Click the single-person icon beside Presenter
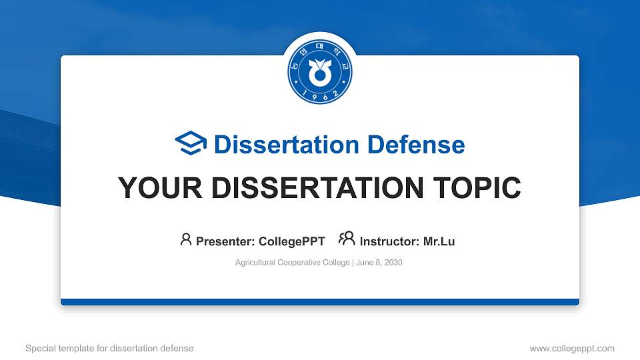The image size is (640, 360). [186, 239]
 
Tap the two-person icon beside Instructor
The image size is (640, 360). [347, 239]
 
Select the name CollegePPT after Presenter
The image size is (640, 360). [291, 241]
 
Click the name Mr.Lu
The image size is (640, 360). [439, 241]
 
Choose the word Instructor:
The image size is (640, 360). [389, 241]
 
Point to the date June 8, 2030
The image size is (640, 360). [379, 263]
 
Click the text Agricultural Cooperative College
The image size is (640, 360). [292, 263]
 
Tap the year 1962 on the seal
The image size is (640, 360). [320, 95]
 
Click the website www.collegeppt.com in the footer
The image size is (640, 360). [572, 348]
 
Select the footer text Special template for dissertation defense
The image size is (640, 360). [109, 348]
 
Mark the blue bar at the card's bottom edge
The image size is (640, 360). [320, 302]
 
